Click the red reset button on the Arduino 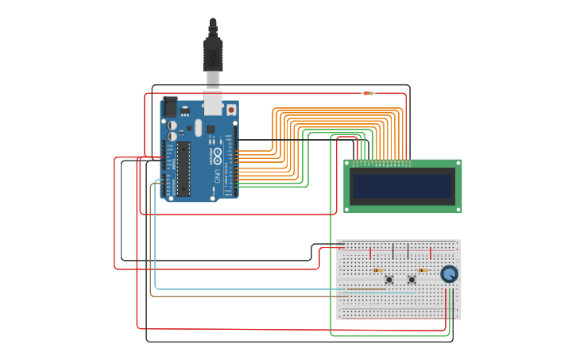point(231,109)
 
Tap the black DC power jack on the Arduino point(170,106)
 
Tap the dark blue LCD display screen point(403,186)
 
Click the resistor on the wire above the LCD point(368,93)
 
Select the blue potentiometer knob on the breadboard point(449,274)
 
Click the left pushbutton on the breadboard point(389,280)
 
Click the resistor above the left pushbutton point(378,270)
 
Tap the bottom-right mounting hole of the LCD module point(458,209)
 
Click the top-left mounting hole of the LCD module point(348,164)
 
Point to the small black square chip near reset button point(211,129)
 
